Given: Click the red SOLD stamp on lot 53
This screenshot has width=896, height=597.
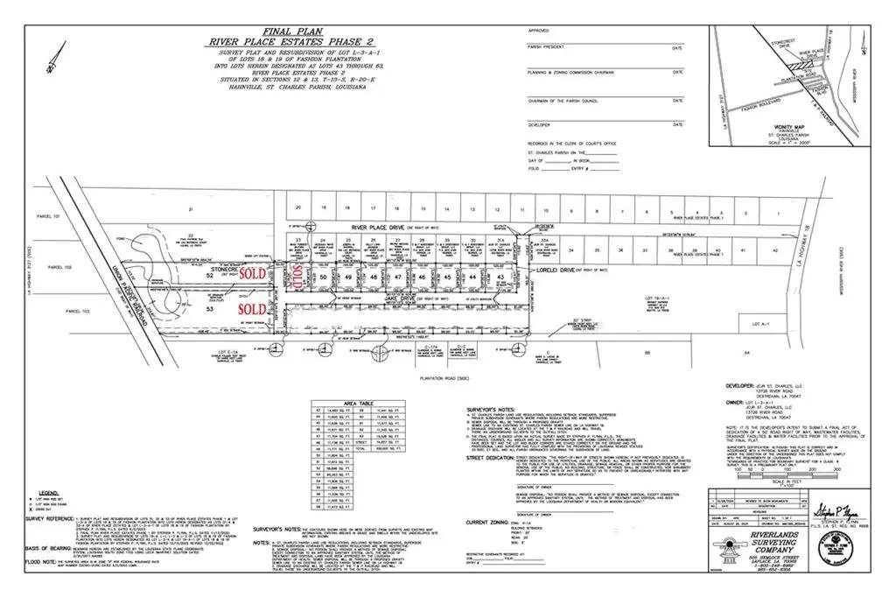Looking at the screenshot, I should (x=252, y=309).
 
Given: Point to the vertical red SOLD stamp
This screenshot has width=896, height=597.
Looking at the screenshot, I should (x=297, y=277).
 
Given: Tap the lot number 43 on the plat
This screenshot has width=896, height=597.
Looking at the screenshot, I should (x=500, y=277).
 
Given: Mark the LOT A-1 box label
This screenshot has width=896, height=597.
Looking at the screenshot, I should (x=745, y=326).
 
